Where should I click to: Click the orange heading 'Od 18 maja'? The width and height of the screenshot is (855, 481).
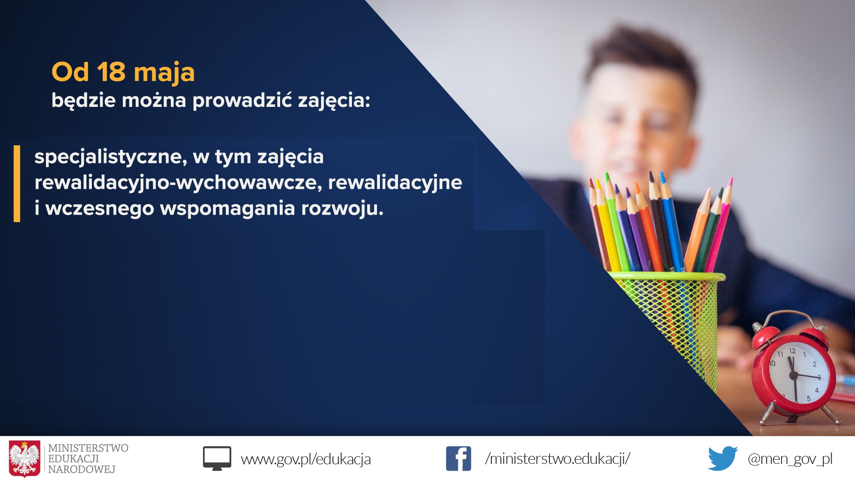tap(123, 72)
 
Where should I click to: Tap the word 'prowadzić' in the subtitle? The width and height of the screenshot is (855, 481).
tap(242, 100)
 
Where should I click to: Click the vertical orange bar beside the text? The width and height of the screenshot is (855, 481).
tap(17, 184)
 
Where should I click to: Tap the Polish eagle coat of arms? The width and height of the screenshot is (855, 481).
tap(25, 458)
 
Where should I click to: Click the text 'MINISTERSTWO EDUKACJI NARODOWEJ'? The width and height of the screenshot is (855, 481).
tap(88, 458)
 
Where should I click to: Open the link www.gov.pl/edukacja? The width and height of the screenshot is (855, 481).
tap(306, 459)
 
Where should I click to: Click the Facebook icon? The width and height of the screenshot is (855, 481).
tap(458, 458)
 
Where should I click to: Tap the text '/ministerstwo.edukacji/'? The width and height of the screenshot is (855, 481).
tap(558, 458)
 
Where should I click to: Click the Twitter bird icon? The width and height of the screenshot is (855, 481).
tap(723, 458)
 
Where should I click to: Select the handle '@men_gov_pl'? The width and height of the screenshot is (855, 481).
tap(790, 459)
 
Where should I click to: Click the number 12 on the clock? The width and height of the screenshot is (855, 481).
tap(792, 351)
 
